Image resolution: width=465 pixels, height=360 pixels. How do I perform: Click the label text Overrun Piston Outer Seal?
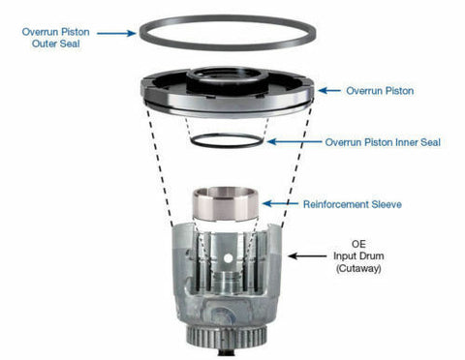coord(55,38)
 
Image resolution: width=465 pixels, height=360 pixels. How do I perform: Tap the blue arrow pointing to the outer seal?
coord(116,33)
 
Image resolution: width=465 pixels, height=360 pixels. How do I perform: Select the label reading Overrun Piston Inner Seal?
coord(383,142)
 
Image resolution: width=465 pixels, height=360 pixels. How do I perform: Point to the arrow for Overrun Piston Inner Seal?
coord(294,141)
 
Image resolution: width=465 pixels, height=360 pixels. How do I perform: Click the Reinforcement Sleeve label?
coord(353,204)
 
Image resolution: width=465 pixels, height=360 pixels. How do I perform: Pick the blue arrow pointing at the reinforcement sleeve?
coord(280,203)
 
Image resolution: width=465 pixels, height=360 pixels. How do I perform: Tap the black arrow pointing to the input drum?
coord(307,256)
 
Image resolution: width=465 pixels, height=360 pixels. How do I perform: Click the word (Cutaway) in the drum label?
coord(358,268)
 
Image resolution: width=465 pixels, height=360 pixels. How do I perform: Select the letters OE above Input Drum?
coord(358,244)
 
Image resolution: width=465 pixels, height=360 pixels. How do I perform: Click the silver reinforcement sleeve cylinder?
coord(226,205)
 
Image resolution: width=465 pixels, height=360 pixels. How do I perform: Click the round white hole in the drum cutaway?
coord(229,258)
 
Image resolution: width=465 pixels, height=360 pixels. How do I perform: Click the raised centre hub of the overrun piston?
coord(228,80)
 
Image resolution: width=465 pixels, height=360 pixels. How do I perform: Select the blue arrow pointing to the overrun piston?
coord(329,91)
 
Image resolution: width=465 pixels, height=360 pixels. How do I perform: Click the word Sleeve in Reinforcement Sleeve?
coord(387,204)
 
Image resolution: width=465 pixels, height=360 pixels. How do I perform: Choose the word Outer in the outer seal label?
coord(42,44)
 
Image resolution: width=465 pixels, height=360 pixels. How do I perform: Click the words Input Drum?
coord(358,255)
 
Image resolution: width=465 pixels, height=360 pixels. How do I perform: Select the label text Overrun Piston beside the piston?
coord(380,91)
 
